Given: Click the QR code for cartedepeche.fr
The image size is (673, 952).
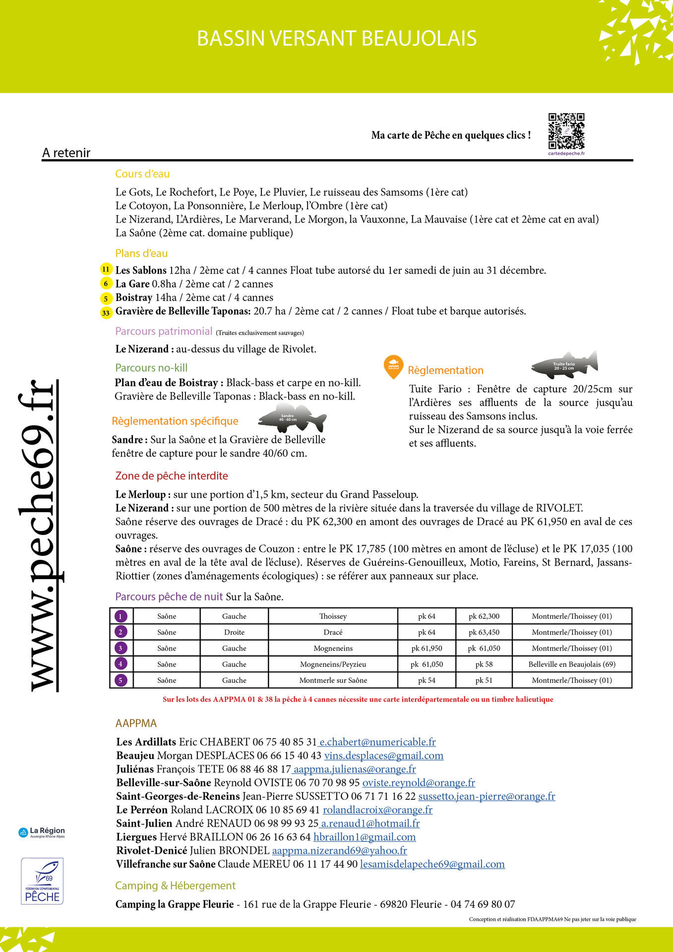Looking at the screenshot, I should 566,131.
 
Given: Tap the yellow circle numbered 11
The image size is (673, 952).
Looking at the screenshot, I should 106,269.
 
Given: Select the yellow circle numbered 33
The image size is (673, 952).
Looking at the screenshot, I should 106,312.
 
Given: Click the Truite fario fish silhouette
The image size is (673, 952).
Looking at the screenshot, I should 565,365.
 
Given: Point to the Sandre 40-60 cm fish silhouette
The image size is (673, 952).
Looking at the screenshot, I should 291,418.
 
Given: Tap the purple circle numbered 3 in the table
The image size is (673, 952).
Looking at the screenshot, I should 121,648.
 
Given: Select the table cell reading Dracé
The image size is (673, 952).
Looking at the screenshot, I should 333,632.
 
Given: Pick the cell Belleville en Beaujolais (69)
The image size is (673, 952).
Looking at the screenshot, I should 572,664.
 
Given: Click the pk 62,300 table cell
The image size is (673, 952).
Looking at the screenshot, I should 484,616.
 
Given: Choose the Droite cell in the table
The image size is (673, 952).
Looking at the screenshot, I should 234,632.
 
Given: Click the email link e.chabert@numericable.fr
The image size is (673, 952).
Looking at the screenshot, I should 377,742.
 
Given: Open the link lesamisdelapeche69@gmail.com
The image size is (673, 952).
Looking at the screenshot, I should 432,864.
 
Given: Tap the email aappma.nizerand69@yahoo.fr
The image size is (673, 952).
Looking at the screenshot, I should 339,850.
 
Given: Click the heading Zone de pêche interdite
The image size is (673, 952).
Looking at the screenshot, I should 172,476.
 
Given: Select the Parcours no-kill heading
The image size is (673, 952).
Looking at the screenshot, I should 151,368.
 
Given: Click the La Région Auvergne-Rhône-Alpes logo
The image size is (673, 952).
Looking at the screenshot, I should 42,833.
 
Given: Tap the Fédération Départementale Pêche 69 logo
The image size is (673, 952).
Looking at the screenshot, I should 42,881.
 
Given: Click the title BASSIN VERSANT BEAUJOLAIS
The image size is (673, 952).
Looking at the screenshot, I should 337,39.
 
